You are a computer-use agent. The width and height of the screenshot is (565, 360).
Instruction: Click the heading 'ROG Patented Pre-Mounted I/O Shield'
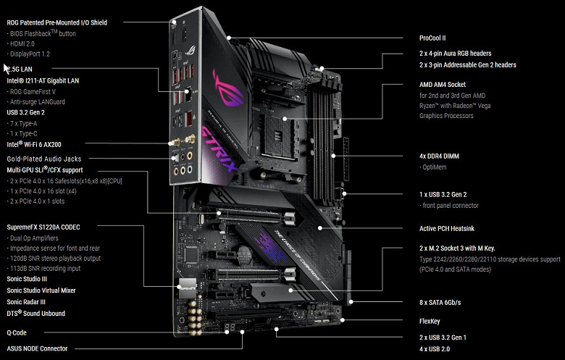point(56,22)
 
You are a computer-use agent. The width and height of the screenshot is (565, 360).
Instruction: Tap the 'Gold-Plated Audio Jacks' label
point(44,158)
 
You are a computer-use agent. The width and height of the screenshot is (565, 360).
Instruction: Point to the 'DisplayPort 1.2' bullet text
point(31,54)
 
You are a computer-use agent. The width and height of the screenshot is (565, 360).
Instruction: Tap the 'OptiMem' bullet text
point(438,167)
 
